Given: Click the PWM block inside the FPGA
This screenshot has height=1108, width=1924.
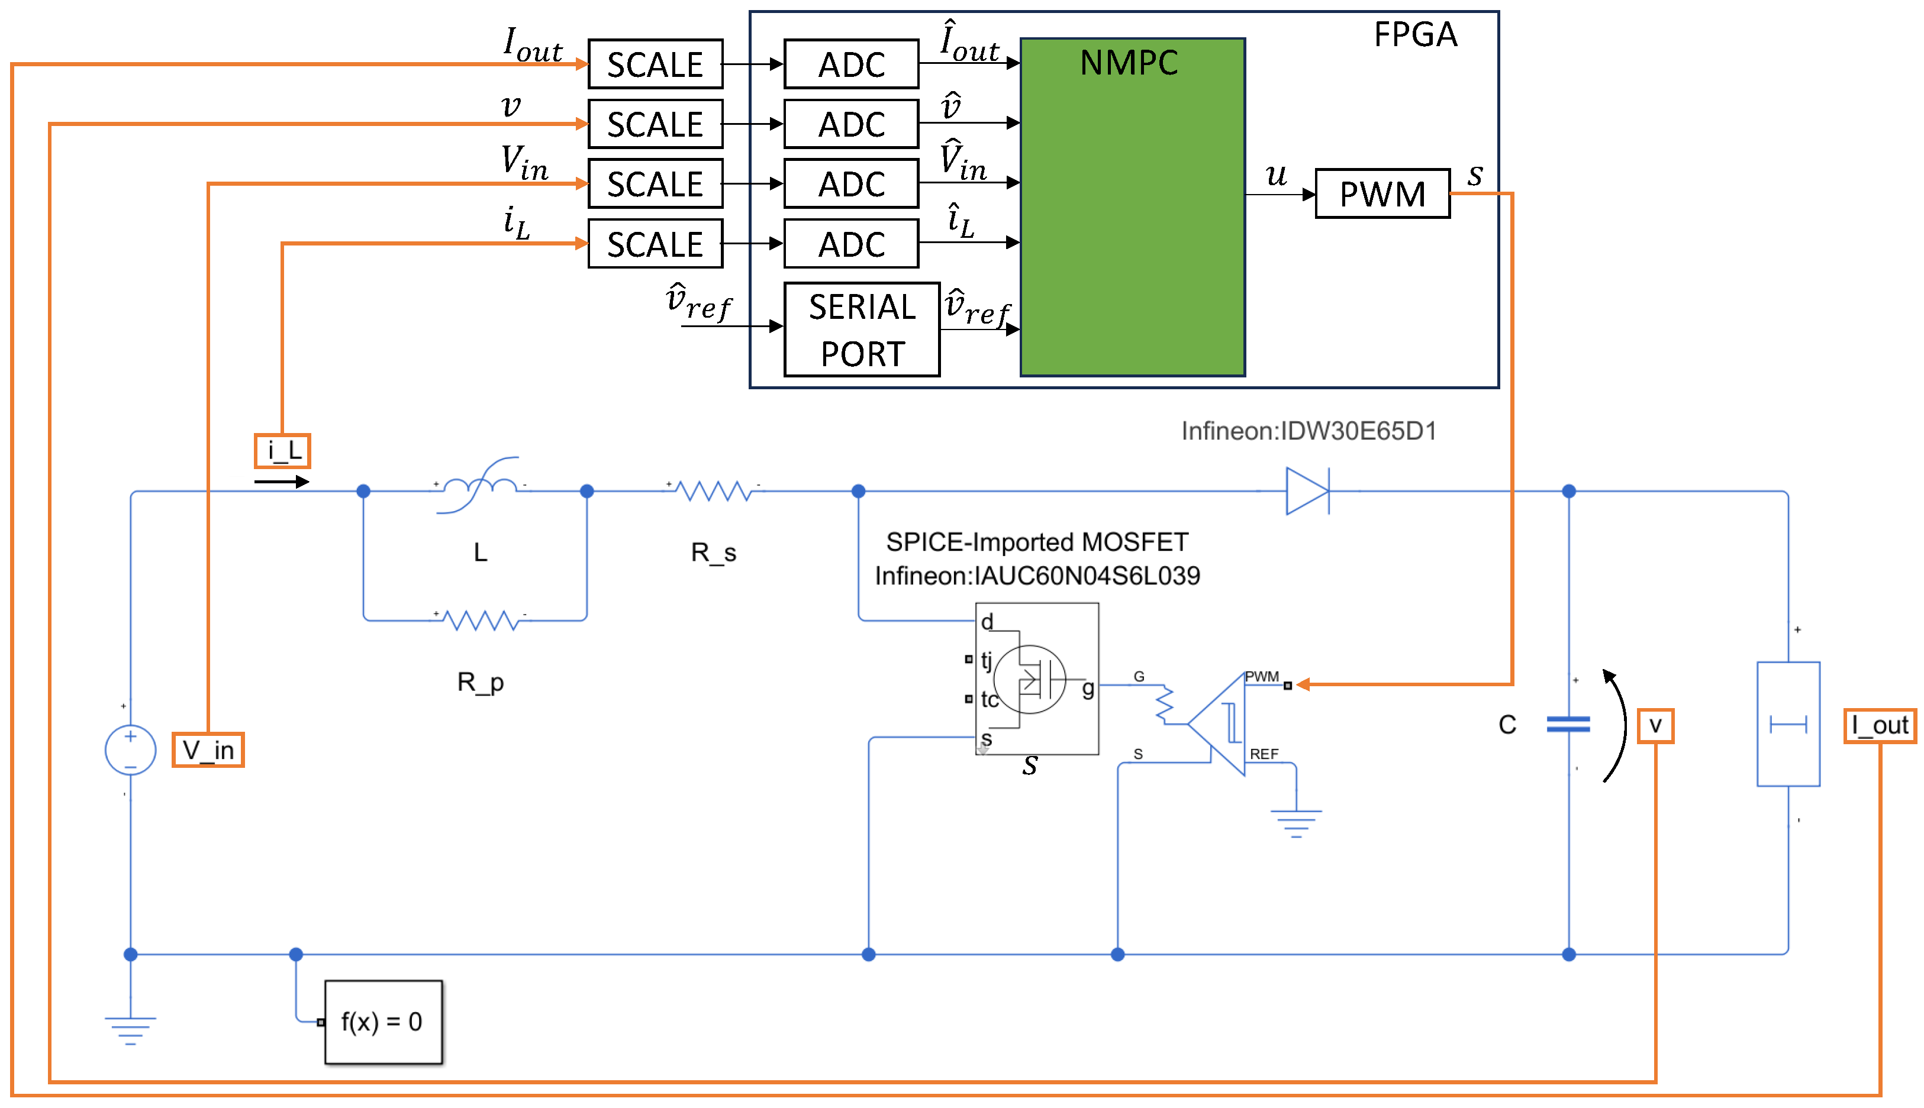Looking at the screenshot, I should coord(1381,193).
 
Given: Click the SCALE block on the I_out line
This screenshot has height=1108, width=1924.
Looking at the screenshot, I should coord(655,64).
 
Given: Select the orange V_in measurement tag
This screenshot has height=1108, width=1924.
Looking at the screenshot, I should coord(207,750).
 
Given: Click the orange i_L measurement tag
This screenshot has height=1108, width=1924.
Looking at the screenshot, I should coord(282,451).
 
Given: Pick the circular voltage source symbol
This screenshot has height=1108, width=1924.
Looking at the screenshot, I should coord(130,750).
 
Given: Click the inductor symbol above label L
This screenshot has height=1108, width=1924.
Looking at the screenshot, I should coord(479,484).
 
